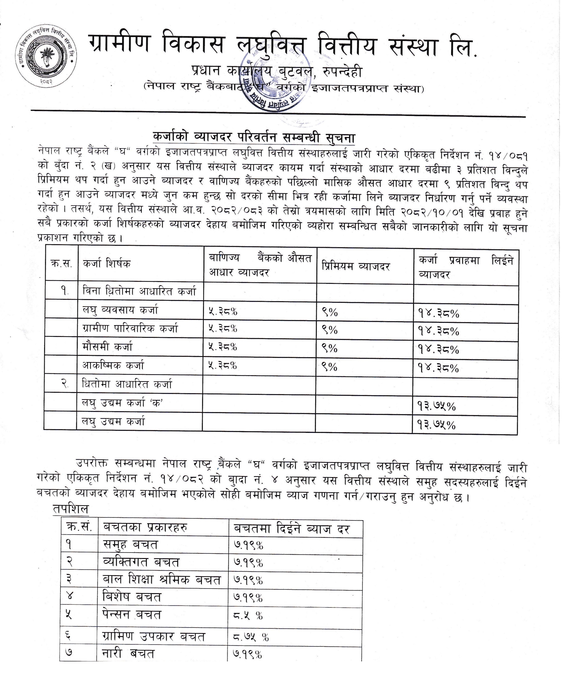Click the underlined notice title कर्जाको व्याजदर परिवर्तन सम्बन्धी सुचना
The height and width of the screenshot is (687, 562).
254,138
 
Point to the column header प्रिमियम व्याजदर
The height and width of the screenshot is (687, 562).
355,266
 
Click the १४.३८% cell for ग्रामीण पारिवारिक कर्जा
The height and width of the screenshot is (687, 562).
438,331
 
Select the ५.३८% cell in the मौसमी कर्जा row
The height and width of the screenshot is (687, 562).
223,347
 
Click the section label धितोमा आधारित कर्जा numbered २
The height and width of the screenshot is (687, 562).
127,384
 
